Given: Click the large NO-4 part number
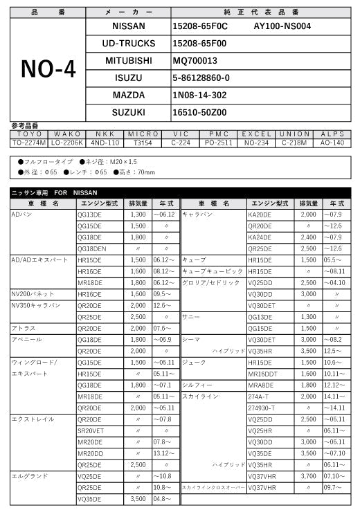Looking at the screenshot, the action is (x=46, y=69).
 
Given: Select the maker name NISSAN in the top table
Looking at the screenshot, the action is (x=128, y=26).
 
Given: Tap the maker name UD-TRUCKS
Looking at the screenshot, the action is (x=128, y=43).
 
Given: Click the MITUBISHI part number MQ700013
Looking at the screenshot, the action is (x=195, y=60).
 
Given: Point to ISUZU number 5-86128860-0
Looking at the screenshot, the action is (x=201, y=78).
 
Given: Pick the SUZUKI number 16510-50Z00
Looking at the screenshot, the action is (x=199, y=111).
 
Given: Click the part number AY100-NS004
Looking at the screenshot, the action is (x=282, y=26).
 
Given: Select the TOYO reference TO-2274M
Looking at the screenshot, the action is (x=28, y=143).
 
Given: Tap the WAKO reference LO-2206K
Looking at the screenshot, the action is (x=67, y=143).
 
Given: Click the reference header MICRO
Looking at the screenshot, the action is (x=144, y=134).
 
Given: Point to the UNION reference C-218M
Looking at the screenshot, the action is (x=294, y=143).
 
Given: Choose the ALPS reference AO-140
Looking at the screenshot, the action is (x=332, y=143).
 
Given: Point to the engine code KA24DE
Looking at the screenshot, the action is (x=260, y=237).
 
